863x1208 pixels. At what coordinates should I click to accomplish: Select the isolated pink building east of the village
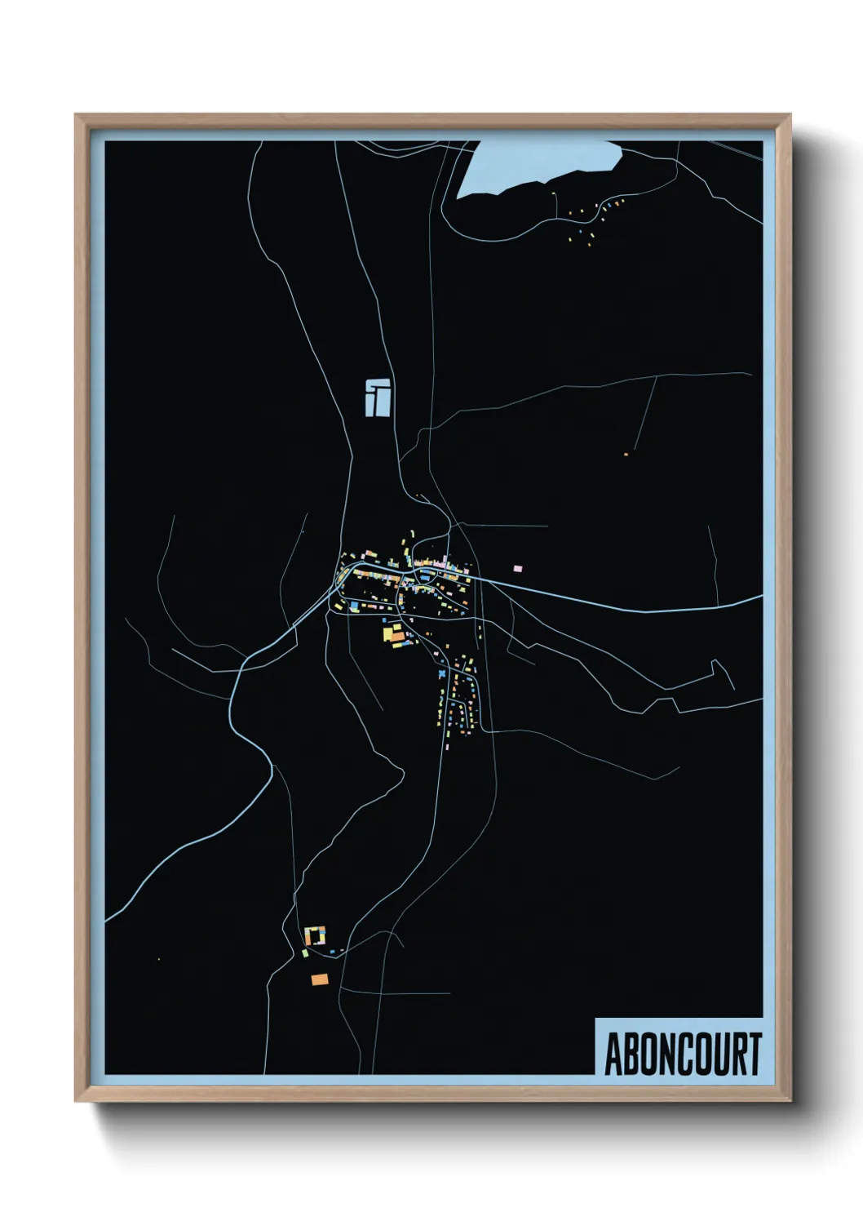click(x=516, y=567)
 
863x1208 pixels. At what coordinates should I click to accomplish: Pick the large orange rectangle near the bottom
click(x=319, y=979)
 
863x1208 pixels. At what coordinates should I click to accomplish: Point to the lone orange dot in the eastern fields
click(x=626, y=454)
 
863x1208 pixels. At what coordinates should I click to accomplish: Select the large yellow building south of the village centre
click(x=388, y=633)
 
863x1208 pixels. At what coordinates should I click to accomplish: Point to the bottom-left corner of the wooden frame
click(x=77, y=1099)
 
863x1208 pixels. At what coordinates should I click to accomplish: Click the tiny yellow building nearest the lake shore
click(x=555, y=193)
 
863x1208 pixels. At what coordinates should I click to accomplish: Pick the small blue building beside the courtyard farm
click(x=334, y=951)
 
